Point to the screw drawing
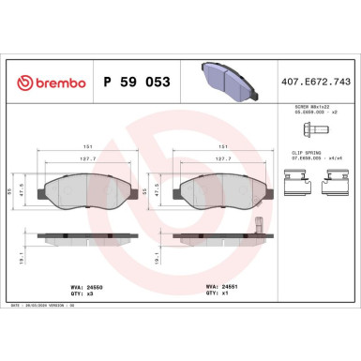tap(314, 130)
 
